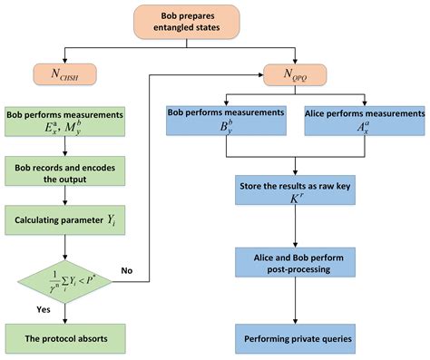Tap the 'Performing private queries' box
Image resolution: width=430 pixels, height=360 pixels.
click(292, 339)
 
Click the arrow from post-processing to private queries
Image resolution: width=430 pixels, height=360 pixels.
click(292, 303)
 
